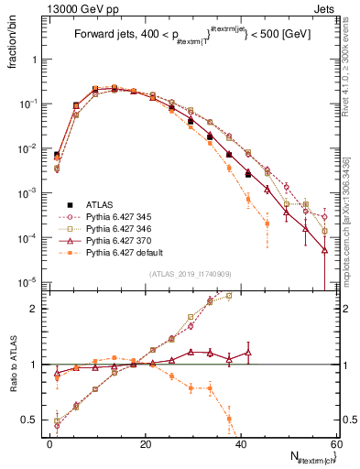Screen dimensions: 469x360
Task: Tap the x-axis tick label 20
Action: pyautogui.click(x=145, y=443)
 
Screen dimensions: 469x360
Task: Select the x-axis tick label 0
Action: pyautogui.click(x=50, y=443)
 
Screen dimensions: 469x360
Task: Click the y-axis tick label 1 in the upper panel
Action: pyautogui.click(x=37, y=60)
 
